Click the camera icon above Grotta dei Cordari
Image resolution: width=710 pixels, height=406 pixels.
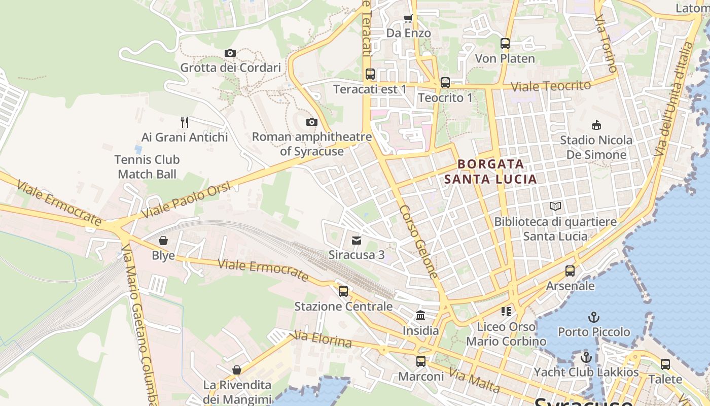(x=230, y=53)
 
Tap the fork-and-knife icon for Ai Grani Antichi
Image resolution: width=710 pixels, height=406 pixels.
(x=185, y=122)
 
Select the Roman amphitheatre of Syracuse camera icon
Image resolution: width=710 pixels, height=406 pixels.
(x=312, y=122)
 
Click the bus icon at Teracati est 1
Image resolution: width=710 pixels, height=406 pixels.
(x=370, y=74)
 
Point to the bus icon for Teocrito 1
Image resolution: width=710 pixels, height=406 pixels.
(x=445, y=82)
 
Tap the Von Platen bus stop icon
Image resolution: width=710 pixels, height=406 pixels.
(x=505, y=44)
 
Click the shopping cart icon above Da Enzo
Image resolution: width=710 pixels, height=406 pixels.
(x=408, y=19)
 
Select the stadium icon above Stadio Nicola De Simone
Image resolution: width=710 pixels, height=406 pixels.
(x=596, y=125)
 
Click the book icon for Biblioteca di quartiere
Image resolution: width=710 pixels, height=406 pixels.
(x=555, y=207)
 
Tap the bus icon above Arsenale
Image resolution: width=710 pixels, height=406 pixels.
(x=570, y=271)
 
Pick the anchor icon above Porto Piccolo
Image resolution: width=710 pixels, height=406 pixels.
(x=593, y=317)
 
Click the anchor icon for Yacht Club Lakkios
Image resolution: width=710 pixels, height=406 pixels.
(x=586, y=357)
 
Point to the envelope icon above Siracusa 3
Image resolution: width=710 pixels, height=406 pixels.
(x=357, y=240)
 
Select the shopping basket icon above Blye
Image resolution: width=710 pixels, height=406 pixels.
(x=163, y=241)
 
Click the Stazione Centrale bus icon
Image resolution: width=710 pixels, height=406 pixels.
(x=343, y=291)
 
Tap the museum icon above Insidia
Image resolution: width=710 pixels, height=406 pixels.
(x=420, y=316)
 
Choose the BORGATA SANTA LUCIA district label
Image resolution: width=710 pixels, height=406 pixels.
(x=490, y=172)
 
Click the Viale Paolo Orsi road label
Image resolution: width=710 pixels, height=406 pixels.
(x=186, y=200)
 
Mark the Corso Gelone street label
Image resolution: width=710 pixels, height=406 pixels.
(x=418, y=242)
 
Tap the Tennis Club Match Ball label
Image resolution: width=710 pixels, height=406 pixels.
(x=147, y=167)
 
